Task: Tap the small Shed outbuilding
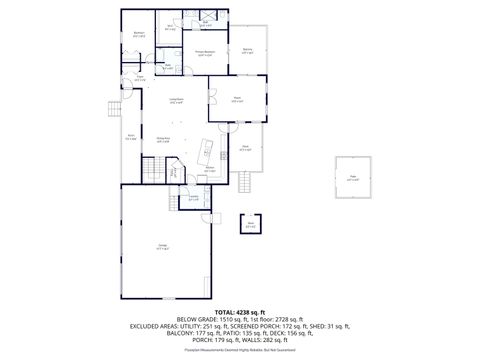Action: pos(251,224)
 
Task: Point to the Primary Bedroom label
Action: pos(204,53)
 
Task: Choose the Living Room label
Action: pos(175,100)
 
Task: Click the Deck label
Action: pos(245,148)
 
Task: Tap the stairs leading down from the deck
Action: pos(244,183)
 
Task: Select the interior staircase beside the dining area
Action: pos(150,172)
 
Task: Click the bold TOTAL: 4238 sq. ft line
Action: pos(240,312)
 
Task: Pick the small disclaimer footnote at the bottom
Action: pos(240,352)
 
